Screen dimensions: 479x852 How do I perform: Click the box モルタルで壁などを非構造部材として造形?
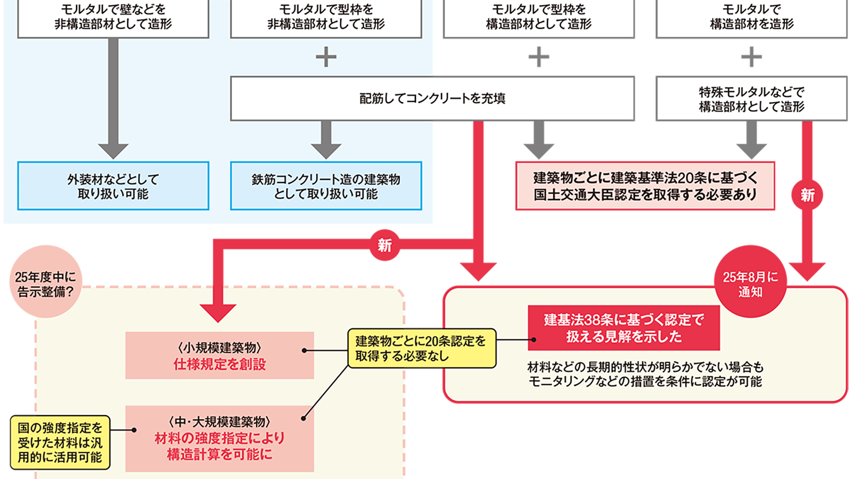point(113,17)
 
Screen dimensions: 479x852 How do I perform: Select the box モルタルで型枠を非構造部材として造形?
point(326,17)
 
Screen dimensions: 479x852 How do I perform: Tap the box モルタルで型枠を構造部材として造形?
point(538,17)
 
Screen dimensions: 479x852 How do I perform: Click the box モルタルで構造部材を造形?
point(751,17)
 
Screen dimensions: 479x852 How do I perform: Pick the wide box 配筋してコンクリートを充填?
point(432,98)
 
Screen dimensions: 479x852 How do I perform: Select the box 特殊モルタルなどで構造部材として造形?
point(751,99)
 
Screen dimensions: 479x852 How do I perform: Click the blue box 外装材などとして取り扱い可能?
point(113,186)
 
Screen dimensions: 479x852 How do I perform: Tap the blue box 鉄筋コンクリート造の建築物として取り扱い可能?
point(326,186)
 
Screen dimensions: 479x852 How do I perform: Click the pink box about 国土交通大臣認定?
point(645,186)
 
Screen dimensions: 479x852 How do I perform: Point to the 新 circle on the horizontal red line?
point(384,245)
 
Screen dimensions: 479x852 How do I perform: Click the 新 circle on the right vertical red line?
point(807,195)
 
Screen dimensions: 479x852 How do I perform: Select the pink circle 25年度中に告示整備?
point(46,282)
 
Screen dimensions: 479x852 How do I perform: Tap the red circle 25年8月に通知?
point(750,282)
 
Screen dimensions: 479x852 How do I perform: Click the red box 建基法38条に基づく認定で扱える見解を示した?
point(624,328)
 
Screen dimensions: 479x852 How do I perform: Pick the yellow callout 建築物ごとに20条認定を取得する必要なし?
point(422,349)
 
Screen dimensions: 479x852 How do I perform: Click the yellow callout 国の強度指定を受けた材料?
point(60,442)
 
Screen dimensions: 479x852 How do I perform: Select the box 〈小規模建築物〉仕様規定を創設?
point(219,356)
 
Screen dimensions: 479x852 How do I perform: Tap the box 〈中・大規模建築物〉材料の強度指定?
point(219,438)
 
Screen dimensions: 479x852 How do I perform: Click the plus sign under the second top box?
point(326,57)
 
